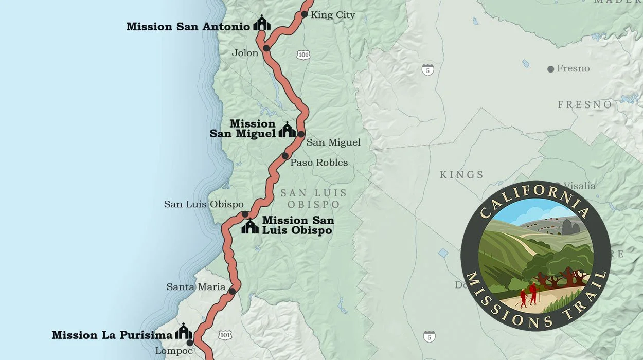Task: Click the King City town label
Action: [333, 15]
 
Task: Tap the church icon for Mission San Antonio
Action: [262, 23]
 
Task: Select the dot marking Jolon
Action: [266, 48]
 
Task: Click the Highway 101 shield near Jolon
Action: [303, 54]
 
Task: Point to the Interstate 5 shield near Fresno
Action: [427, 70]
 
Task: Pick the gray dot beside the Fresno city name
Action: [551, 69]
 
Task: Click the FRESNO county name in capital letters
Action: [585, 105]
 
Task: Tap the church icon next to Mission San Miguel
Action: [287, 130]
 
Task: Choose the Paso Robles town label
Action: [319, 163]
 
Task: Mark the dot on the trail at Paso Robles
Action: [285, 156]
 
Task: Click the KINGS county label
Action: [461, 175]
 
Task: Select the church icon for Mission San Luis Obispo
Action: [250, 226]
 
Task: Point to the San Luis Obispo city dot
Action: [245, 214]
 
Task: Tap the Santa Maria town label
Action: [196, 287]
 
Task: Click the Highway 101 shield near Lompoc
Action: [225, 335]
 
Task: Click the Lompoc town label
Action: [174, 351]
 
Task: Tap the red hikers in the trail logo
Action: [528, 296]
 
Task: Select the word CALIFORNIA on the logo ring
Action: [535, 197]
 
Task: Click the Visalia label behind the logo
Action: [580, 186]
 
